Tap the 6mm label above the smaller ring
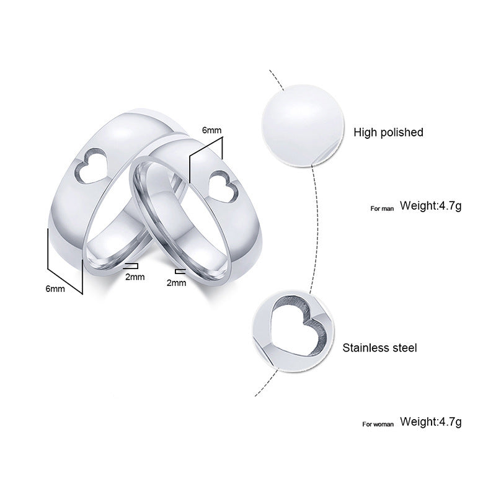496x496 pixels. tap(211, 131)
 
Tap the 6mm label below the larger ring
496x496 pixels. tap(55, 290)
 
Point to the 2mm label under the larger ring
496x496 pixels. tap(135, 277)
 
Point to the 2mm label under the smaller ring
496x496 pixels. tap(176, 283)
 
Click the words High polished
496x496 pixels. tap(388, 132)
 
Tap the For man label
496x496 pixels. tap(382, 208)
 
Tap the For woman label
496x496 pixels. tap(378, 424)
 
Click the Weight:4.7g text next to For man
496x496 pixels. tap(430, 206)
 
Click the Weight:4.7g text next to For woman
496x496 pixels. tap(430, 422)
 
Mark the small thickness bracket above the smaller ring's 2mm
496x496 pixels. tap(180, 272)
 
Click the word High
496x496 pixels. tap(365, 132)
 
